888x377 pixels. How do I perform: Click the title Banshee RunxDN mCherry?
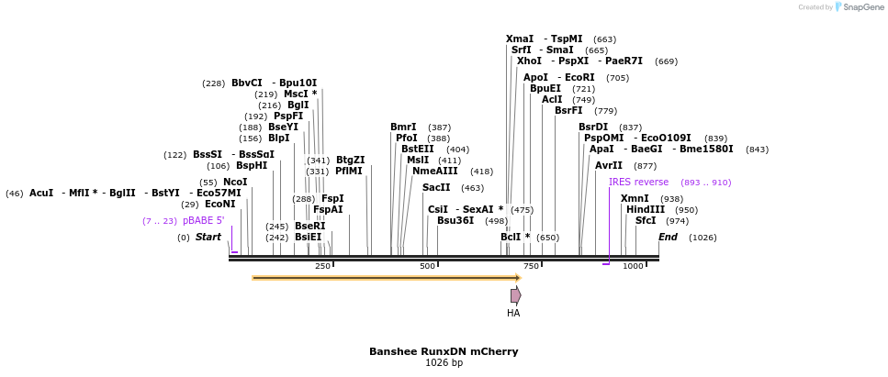[444, 351]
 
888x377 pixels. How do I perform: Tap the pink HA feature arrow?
[516, 295]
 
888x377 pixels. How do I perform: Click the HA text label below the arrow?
[513, 313]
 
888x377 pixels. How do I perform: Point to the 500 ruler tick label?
[427, 266]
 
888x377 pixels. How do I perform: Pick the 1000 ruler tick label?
[633, 266]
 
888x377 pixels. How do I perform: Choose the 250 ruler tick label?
[322, 266]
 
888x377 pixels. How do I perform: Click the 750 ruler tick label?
[531, 266]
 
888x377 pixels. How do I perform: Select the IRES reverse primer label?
[638, 182]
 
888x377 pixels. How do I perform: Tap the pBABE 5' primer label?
[203, 220]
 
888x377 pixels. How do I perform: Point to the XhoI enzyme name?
[529, 61]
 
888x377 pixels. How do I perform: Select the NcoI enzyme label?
[235, 182]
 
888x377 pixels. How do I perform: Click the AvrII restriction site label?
[609, 165]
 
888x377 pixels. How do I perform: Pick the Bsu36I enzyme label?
[455, 220]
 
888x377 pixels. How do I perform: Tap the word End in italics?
[668, 237]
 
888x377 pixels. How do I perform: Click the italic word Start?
[208, 237]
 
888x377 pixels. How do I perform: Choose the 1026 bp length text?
[444, 363]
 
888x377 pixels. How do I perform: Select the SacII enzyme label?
[436, 187]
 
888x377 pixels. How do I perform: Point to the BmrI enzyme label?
[403, 127]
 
